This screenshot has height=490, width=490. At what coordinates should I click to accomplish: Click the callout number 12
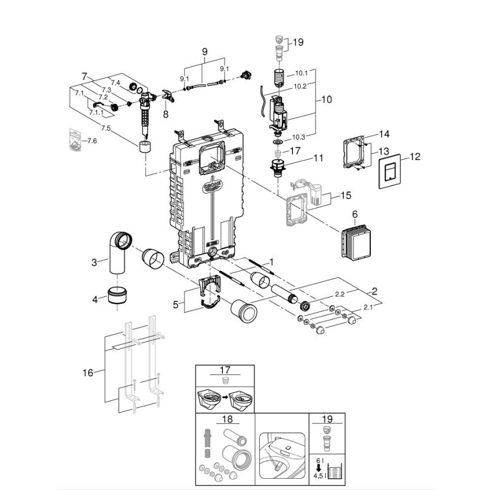point(415,156)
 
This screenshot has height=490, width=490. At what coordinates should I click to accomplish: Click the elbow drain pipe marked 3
point(118,251)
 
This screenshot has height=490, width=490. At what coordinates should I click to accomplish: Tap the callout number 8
point(165,113)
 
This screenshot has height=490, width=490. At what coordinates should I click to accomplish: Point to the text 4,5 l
point(319,475)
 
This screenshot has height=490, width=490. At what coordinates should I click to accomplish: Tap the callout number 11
point(318,158)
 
